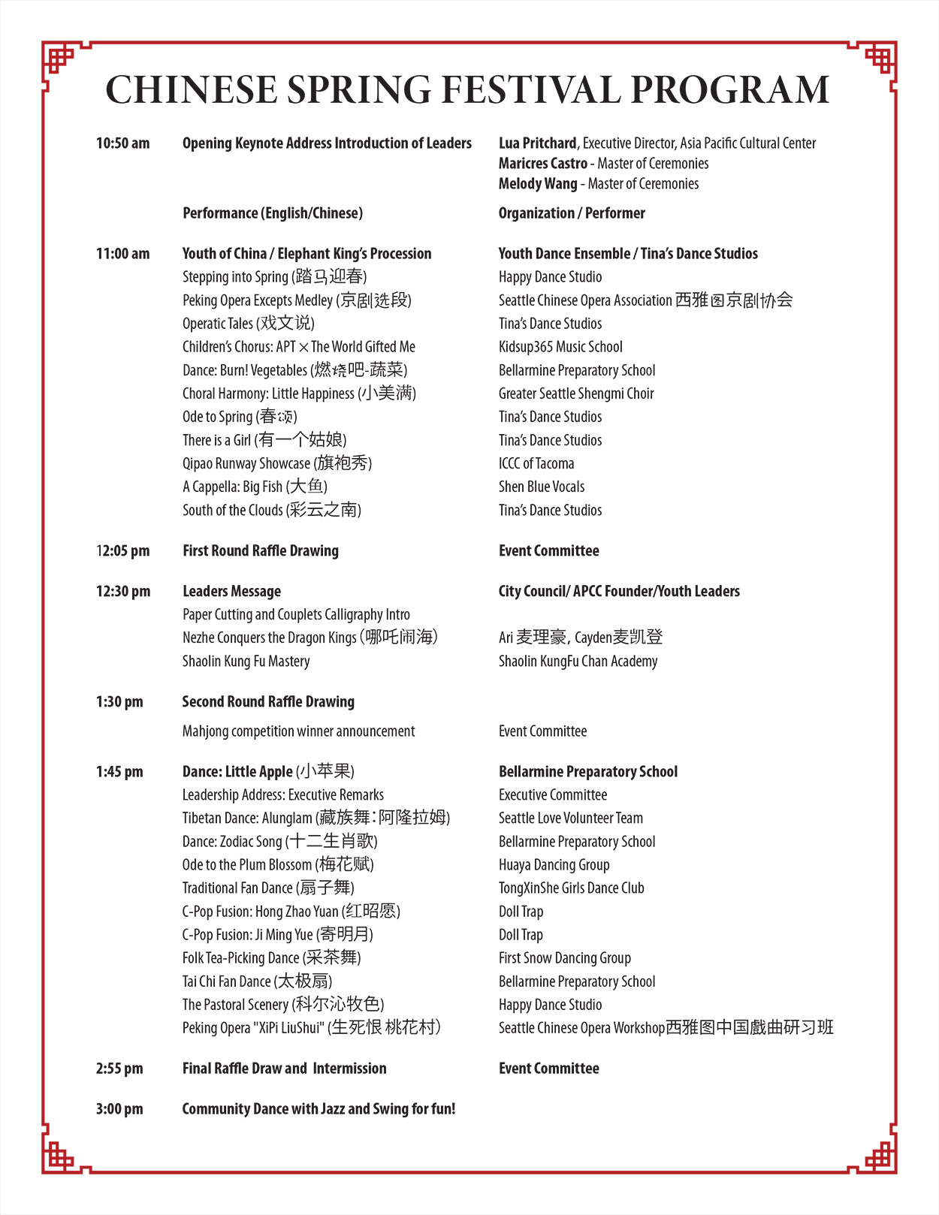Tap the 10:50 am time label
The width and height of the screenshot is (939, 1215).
(122, 143)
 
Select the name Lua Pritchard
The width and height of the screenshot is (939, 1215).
(537, 143)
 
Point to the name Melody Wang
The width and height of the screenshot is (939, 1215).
(538, 184)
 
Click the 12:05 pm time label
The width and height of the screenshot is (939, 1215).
(122, 551)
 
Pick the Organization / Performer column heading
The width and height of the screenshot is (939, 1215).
(572, 213)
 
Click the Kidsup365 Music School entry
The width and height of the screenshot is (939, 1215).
(560, 347)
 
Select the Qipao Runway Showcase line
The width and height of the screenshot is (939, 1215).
(277, 463)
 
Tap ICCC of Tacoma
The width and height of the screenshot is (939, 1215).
(536, 463)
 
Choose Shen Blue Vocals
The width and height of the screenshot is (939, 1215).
(542, 487)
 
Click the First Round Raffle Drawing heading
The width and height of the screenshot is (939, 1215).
(261, 551)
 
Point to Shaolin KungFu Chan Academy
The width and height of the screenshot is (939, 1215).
(578, 662)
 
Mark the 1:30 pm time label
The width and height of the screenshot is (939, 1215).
(119, 702)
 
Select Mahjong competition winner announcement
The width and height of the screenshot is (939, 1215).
(298, 731)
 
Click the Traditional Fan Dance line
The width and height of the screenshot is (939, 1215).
(268, 888)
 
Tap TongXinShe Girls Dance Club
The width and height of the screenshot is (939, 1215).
(572, 888)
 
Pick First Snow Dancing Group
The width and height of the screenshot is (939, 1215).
(565, 958)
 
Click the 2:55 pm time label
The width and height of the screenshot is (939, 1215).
(119, 1069)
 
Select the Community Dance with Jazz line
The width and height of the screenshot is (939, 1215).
(319, 1109)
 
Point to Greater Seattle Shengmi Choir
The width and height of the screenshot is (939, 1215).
(576, 393)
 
